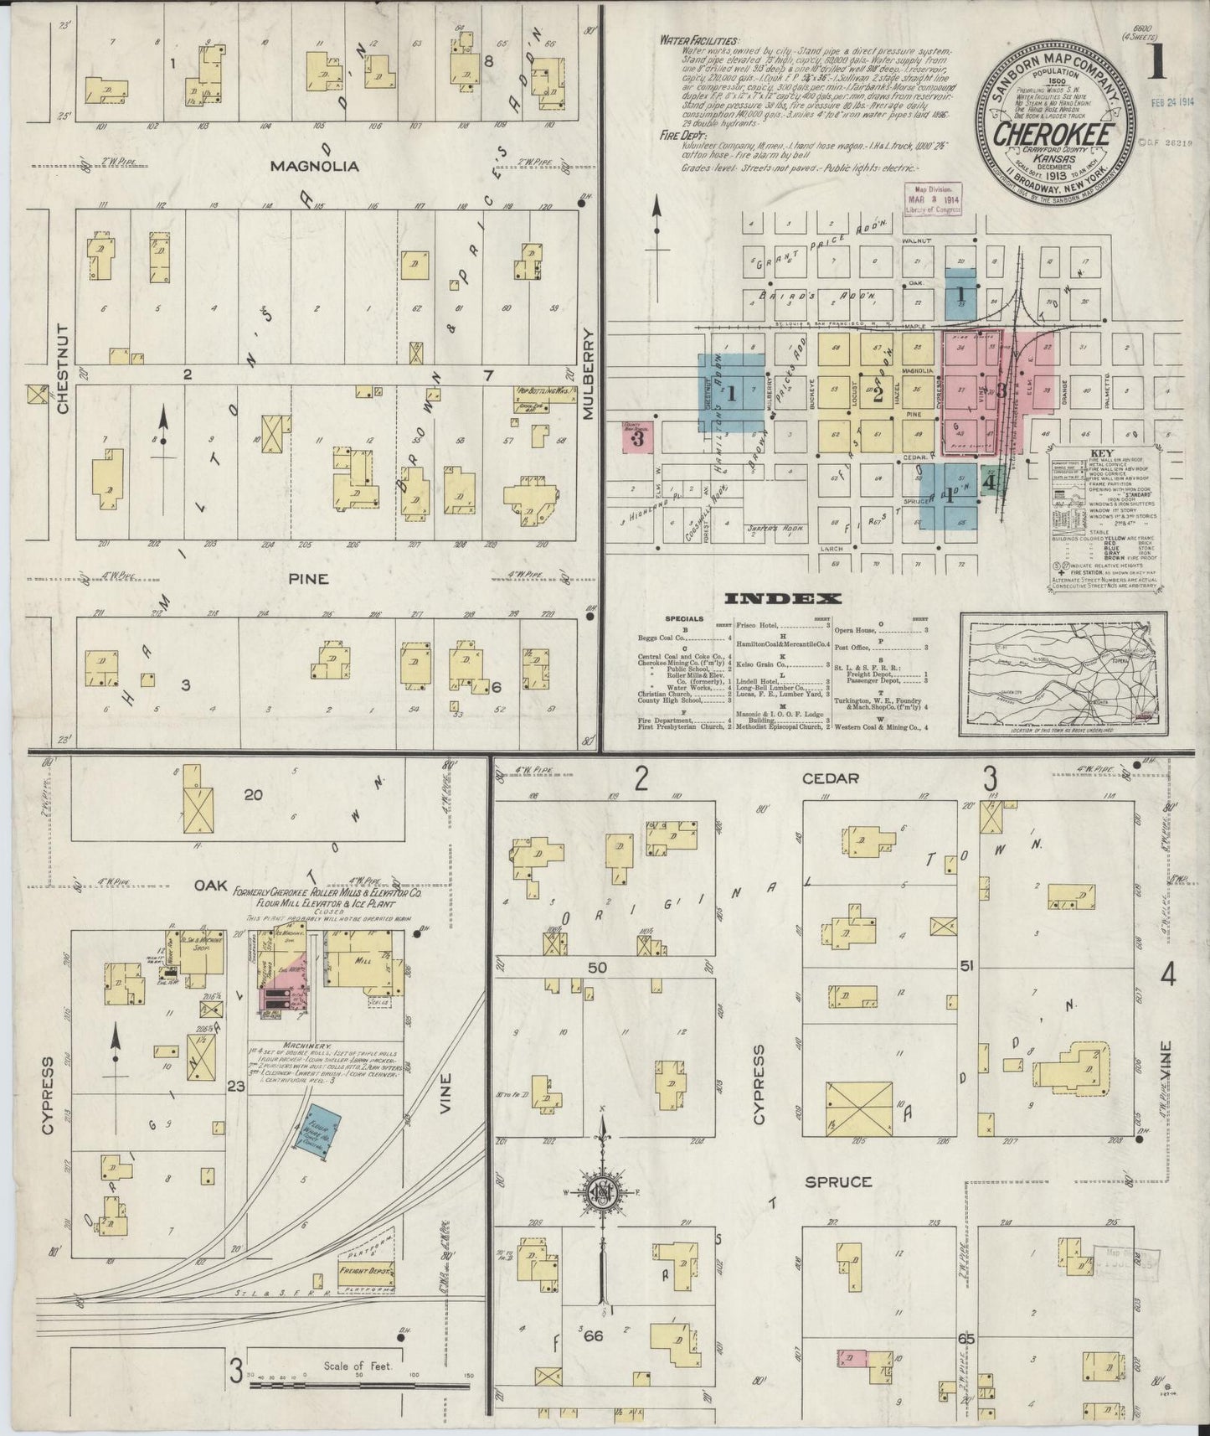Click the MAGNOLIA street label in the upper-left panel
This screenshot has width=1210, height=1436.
315,166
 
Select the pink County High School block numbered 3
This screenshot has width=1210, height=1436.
637,437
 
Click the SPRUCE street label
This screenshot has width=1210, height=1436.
838,1181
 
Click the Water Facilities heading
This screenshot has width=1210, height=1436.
698,39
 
